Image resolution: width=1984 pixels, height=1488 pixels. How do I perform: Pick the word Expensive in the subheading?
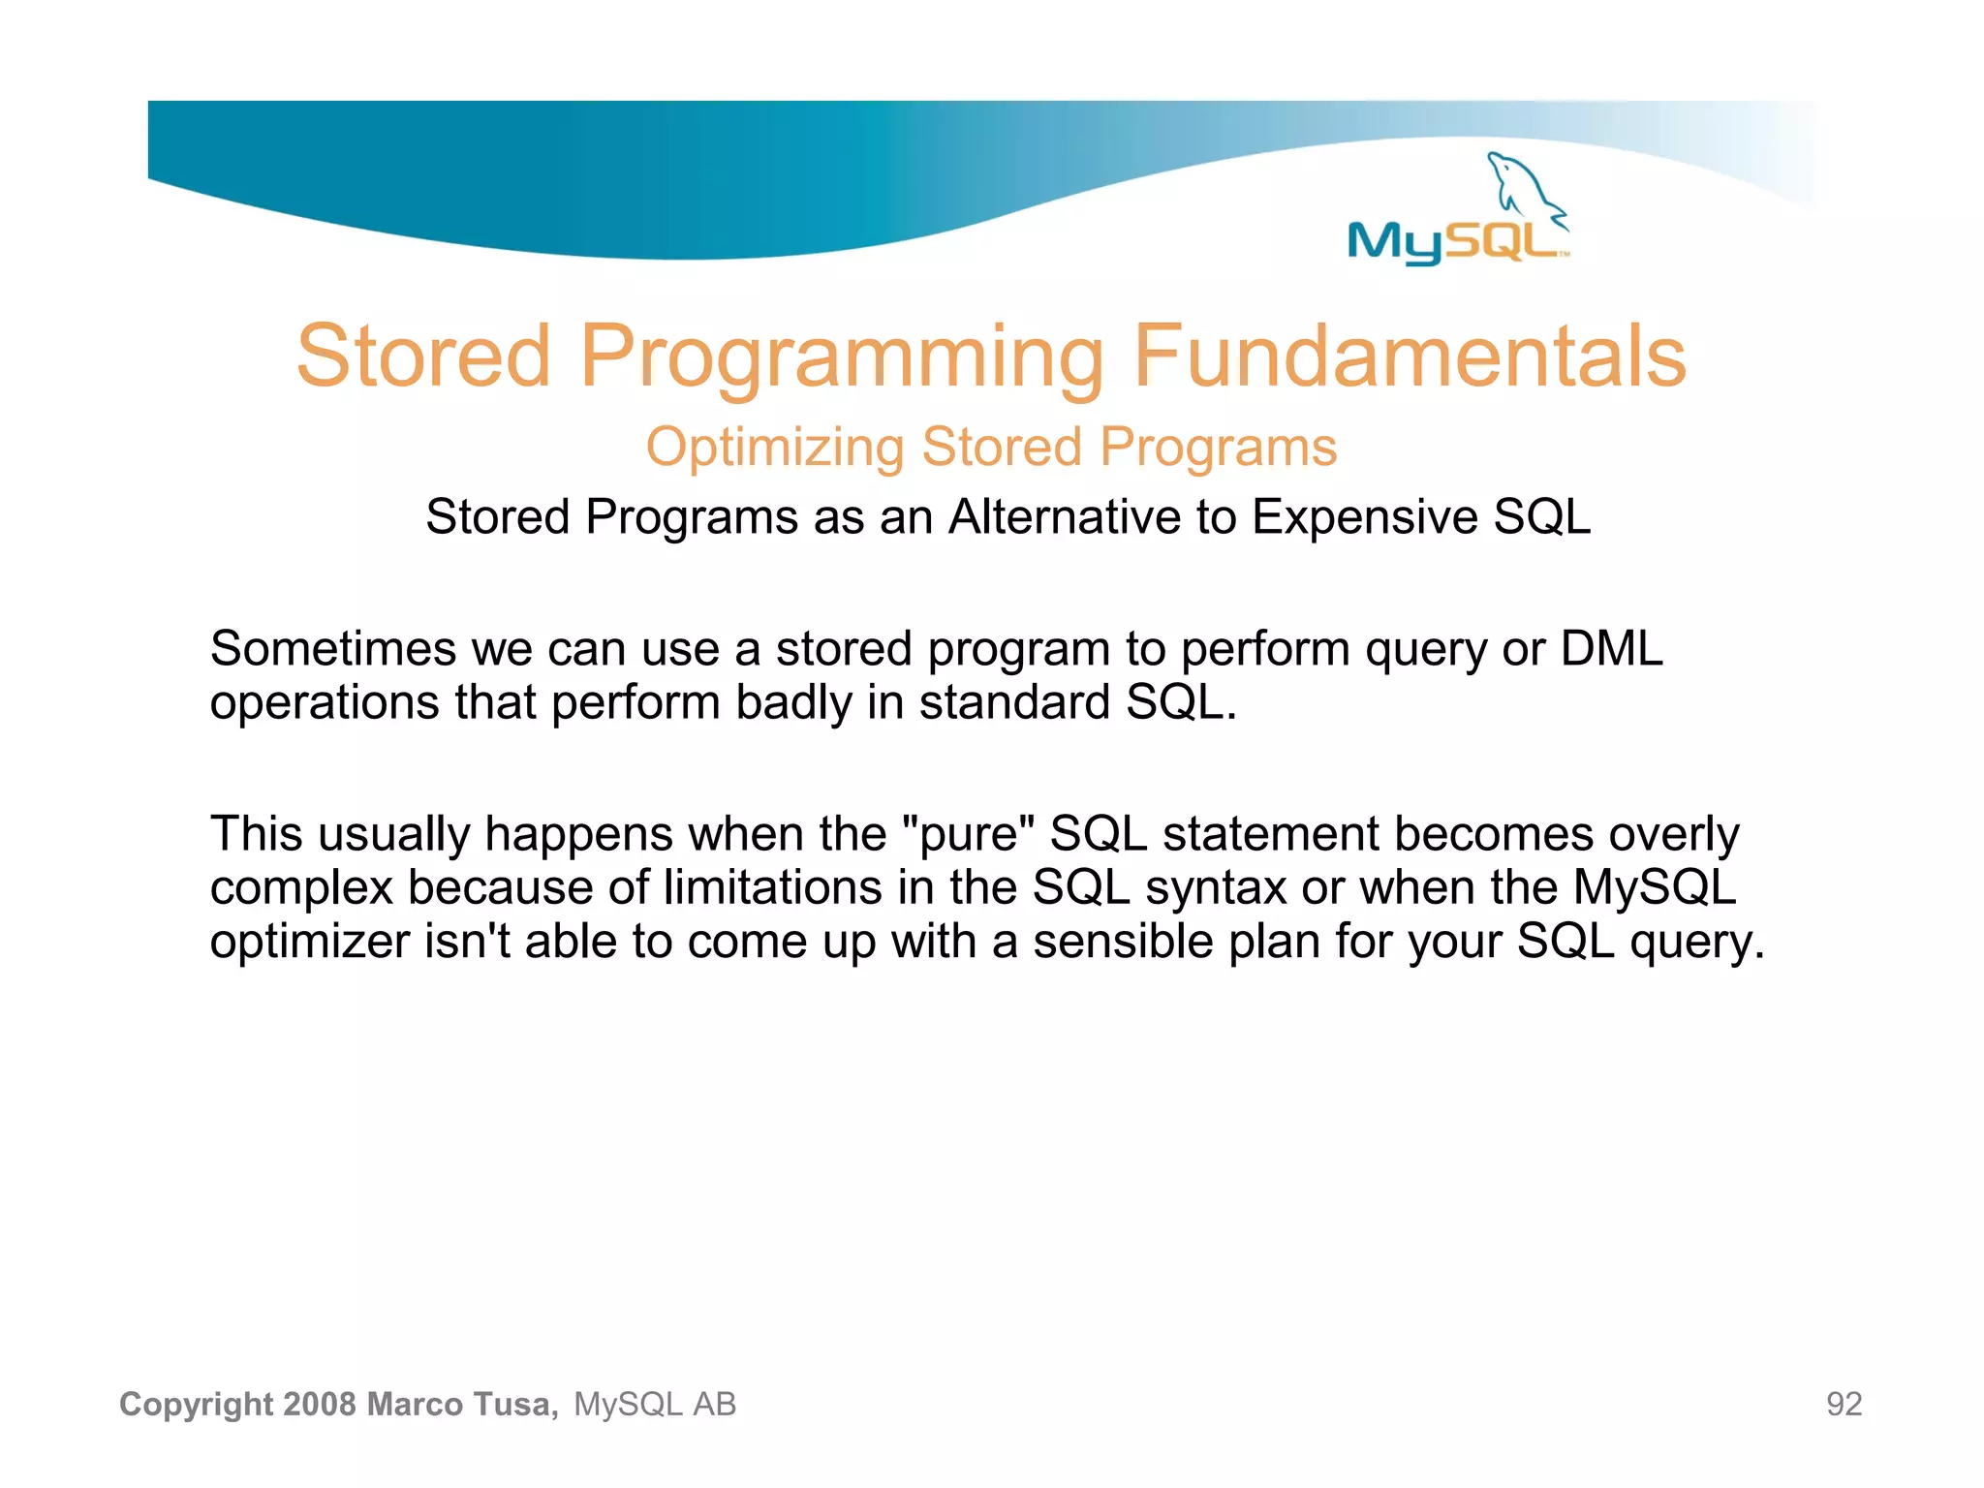[1364, 516]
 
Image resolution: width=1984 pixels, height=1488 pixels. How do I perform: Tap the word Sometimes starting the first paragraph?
[332, 648]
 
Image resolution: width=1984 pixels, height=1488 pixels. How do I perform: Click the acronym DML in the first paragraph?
[1611, 648]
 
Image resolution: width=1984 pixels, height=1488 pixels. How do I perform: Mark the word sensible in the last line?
[1122, 942]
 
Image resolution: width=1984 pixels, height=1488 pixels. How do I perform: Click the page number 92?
[1844, 1404]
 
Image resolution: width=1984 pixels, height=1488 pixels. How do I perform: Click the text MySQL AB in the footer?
[655, 1404]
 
